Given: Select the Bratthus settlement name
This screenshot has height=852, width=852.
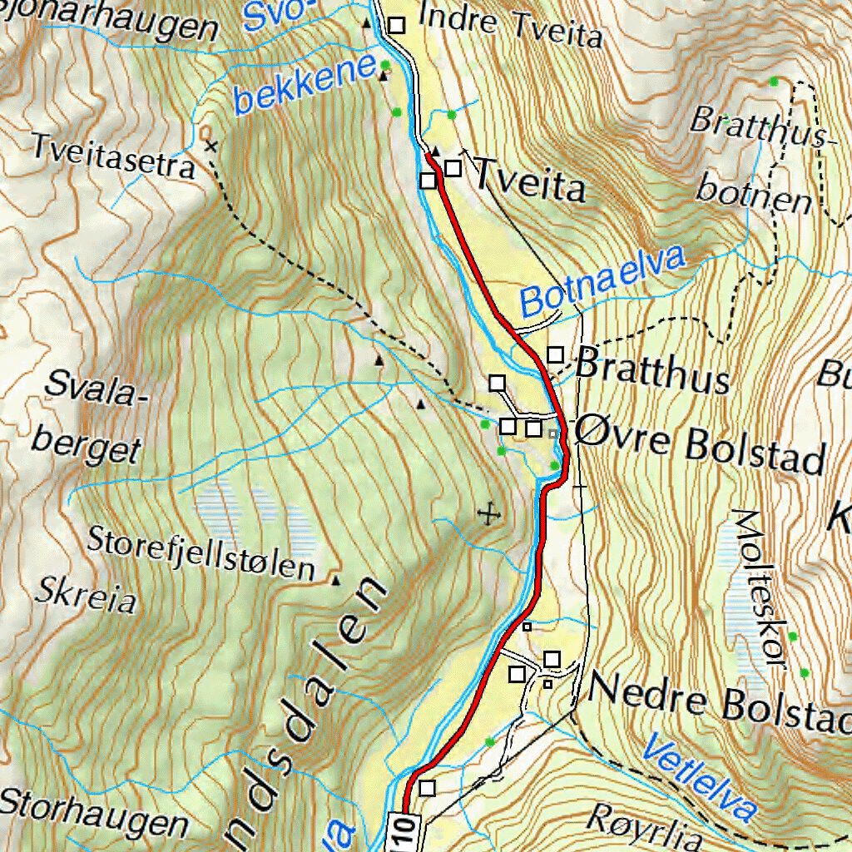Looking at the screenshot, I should [x=652, y=372].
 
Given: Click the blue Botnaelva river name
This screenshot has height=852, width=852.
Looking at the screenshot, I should [x=603, y=281].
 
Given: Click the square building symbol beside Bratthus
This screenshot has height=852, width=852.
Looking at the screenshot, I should [x=555, y=355].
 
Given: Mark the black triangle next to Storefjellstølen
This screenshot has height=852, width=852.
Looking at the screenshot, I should [x=335, y=580].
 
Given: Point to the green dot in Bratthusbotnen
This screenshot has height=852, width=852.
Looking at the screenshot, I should [x=774, y=81].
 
